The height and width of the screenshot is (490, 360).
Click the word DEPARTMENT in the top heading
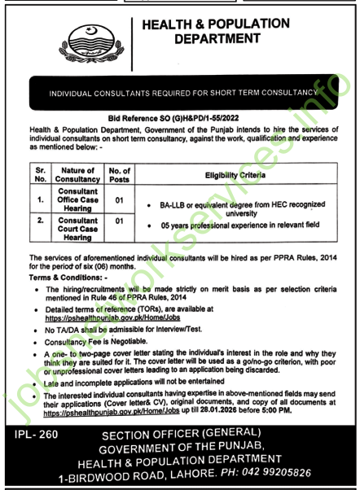(216, 37)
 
